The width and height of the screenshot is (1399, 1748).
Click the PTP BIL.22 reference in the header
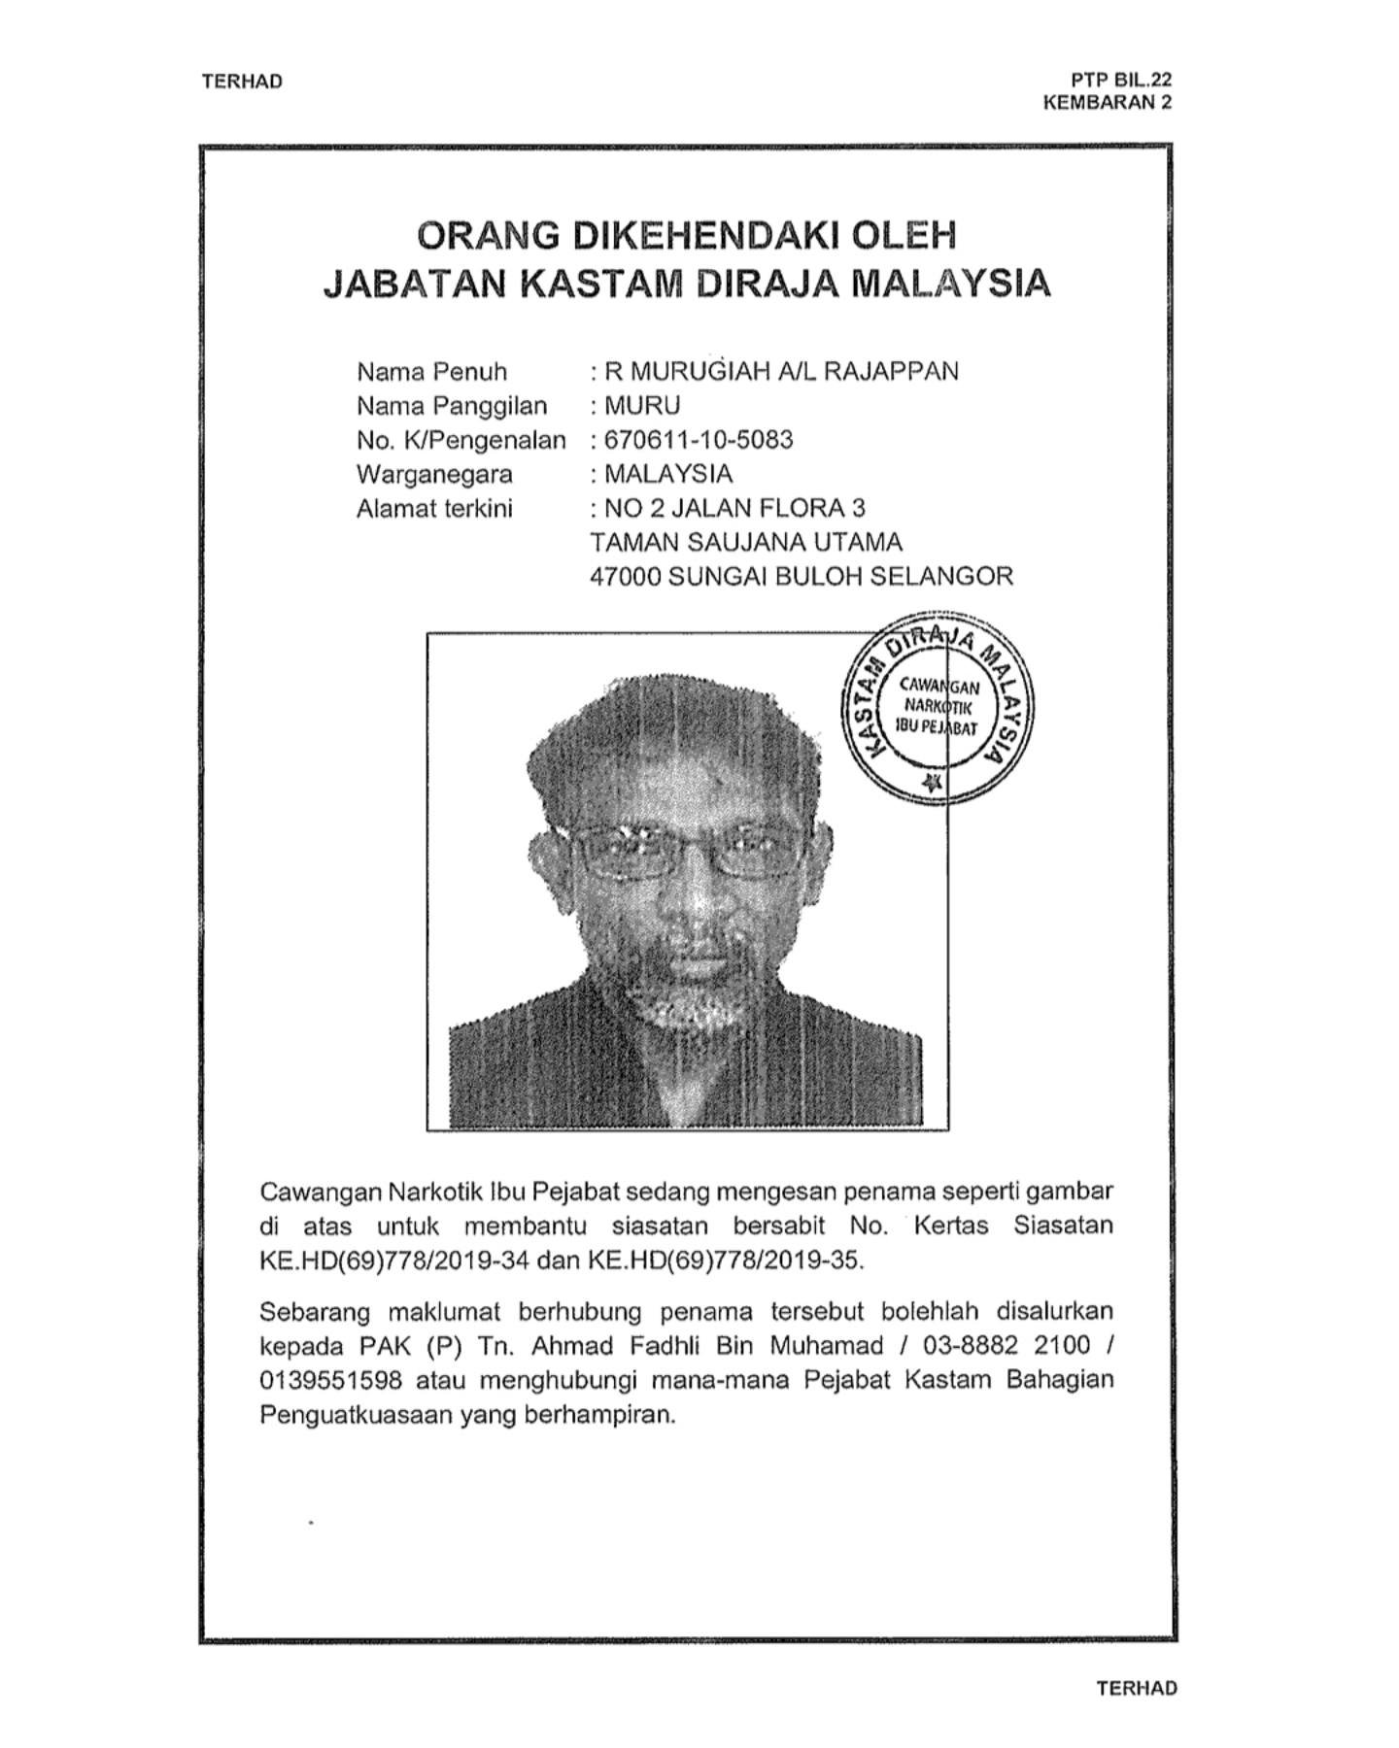(x=1121, y=81)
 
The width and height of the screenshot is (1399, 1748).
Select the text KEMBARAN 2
(x=1107, y=102)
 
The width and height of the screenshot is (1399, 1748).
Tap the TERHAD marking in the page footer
(x=1136, y=1689)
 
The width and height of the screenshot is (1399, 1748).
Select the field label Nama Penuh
(x=431, y=372)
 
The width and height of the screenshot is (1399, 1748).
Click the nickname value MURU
(x=642, y=406)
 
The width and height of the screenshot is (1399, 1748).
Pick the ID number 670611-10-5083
(x=699, y=440)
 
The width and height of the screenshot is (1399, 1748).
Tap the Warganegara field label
(x=434, y=475)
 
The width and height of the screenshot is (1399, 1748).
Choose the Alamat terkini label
(x=434, y=509)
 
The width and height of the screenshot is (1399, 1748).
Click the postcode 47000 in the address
(x=626, y=577)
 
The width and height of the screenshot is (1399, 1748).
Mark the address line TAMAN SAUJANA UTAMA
(x=746, y=543)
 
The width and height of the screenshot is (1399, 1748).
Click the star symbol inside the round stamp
(x=934, y=783)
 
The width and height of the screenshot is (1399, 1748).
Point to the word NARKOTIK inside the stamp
(x=937, y=707)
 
